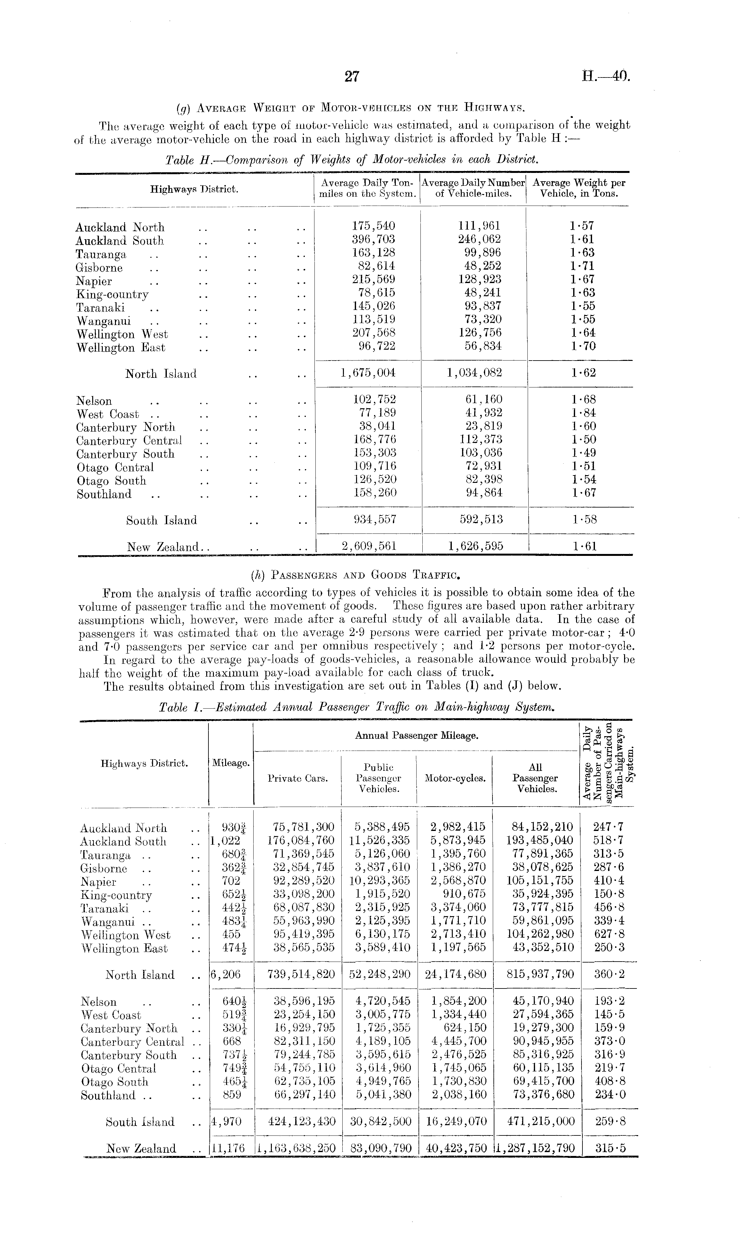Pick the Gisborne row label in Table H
click(99, 268)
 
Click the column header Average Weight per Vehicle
click(578, 188)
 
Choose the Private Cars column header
click(297, 778)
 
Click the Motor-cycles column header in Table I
click(454, 778)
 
